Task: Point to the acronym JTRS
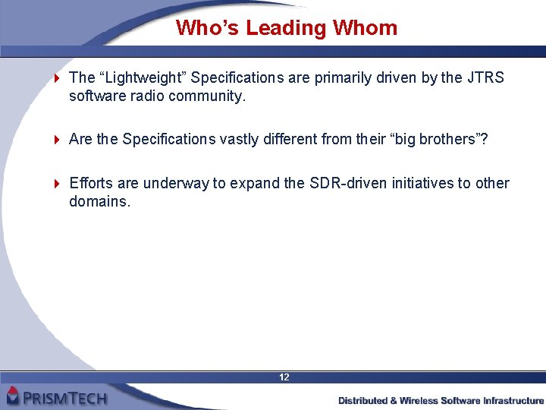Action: pos(486,78)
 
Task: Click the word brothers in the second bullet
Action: pos(441,139)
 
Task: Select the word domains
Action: pos(99,201)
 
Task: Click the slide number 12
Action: pos(284,377)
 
